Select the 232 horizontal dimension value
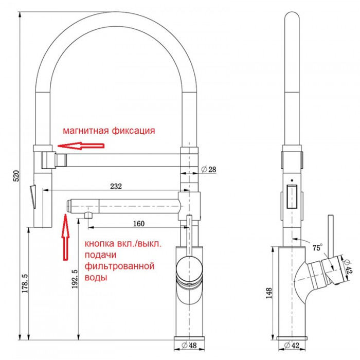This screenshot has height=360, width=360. coord(116,186)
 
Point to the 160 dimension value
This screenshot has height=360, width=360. coord(138,223)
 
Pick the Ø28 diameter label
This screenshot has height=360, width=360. coord(210,169)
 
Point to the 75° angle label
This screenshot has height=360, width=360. coord(317,247)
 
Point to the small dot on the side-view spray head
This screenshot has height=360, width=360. coord(292,181)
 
